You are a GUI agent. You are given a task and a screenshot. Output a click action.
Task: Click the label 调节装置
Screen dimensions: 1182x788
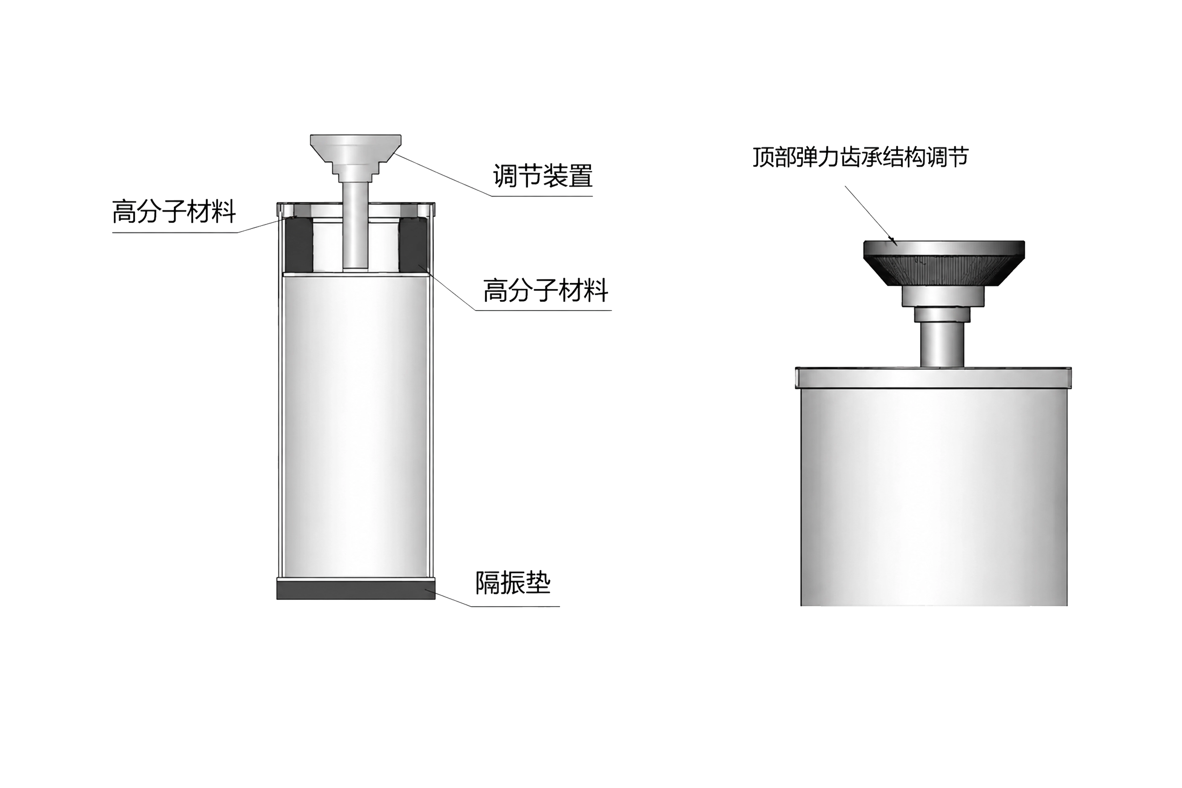(x=542, y=176)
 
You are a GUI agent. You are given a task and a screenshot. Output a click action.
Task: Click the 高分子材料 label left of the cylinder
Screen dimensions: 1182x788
(x=174, y=212)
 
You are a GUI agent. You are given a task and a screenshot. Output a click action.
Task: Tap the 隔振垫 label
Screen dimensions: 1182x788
(x=513, y=583)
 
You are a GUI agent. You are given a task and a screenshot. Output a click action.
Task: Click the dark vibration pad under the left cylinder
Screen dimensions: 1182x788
(x=356, y=589)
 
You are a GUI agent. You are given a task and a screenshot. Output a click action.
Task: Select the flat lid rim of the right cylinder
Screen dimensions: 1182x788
(x=933, y=377)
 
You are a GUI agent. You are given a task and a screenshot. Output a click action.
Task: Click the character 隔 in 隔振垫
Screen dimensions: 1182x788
(x=488, y=583)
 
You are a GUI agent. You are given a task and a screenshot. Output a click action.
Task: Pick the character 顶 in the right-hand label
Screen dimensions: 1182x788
(x=763, y=157)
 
